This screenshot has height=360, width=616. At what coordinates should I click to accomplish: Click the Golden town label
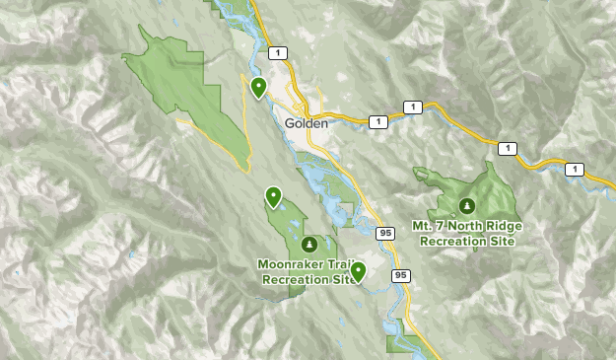click(x=305, y=124)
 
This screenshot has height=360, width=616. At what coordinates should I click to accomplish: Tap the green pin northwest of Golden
click(x=258, y=88)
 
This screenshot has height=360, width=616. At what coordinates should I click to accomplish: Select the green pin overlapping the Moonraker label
click(x=358, y=271)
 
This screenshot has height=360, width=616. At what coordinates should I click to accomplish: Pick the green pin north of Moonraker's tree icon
click(x=272, y=197)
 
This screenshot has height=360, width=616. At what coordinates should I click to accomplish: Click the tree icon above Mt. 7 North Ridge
click(x=467, y=206)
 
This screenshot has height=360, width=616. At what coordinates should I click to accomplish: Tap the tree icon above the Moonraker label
click(x=309, y=244)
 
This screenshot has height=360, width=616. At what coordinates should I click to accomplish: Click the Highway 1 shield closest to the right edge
click(x=573, y=170)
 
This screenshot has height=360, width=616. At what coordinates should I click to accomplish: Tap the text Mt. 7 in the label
click(x=431, y=226)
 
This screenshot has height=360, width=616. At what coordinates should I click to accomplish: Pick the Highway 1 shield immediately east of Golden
click(x=376, y=121)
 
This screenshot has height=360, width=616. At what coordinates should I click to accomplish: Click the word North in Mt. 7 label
click(x=467, y=226)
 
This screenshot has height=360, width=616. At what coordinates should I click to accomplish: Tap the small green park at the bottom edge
click(x=401, y=343)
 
